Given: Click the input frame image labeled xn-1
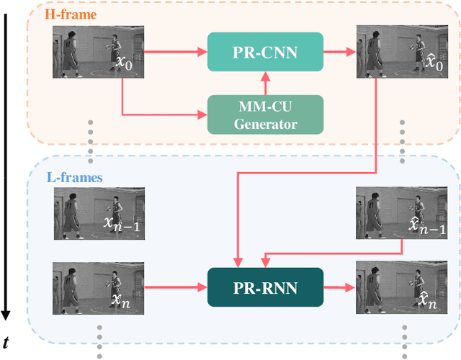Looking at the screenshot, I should pos(98,213).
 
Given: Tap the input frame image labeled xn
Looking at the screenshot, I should pos(98,287).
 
